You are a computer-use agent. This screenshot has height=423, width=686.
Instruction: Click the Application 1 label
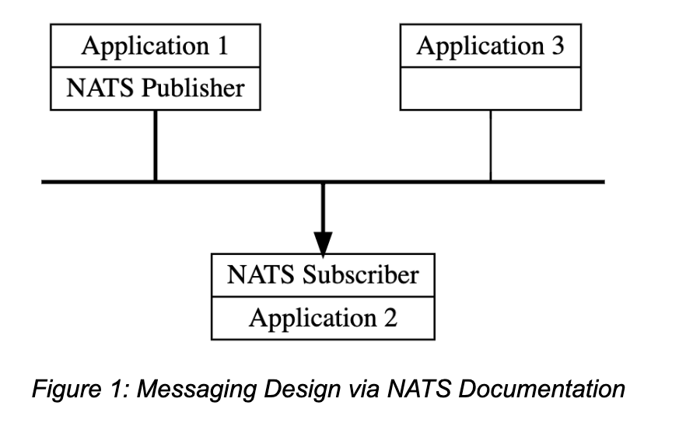155,47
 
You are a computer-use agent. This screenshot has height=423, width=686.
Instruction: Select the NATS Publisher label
155,88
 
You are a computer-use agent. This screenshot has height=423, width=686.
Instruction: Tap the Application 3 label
490,47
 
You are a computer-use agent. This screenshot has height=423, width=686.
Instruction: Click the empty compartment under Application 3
490,88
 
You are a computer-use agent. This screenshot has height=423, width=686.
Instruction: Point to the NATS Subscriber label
323,274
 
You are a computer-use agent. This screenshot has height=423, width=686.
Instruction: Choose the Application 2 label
323,317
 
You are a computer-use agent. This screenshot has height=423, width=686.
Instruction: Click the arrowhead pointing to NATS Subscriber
323,242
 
